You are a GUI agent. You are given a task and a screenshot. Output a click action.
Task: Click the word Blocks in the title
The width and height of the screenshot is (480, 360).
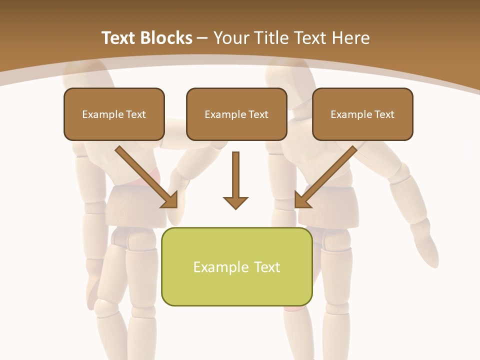[167, 38]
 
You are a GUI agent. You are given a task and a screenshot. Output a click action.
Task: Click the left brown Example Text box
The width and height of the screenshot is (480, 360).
[114, 127]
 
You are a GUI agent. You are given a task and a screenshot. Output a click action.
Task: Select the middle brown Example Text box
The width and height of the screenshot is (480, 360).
[236, 127]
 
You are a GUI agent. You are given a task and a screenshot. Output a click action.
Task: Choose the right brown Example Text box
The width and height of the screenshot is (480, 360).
[362, 127]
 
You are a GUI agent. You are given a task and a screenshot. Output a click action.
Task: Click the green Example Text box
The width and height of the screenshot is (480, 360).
[236, 287]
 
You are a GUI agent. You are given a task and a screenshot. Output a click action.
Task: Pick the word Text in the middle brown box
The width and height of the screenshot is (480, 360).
[258, 114]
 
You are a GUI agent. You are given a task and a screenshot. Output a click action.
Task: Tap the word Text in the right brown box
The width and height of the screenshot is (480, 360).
[384, 114]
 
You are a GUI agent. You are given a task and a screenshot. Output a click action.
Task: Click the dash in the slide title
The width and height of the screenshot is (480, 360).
[202, 38]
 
